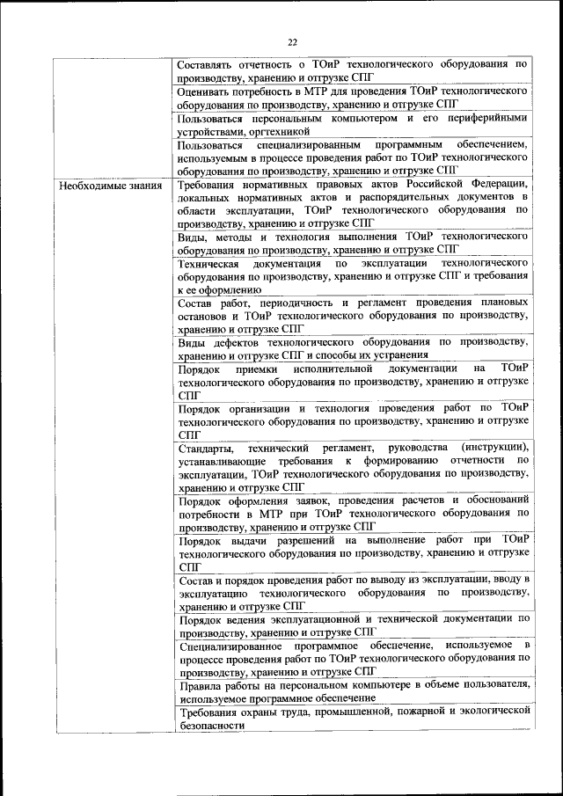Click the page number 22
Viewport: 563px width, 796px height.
(x=293, y=40)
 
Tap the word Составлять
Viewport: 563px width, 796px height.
(x=206, y=65)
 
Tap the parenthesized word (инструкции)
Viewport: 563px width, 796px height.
(x=492, y=449)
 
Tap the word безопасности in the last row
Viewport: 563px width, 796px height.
(x=211, y=724)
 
